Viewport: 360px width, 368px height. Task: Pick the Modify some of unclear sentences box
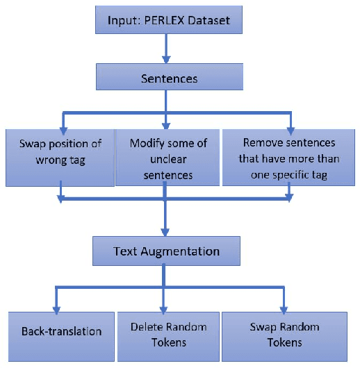pyautogui.click(x=166, y=158)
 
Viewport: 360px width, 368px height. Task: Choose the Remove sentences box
pyautogui.click(x=290, y=158)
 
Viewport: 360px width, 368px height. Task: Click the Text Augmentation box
pyautogui.click(x=167, y=251)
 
